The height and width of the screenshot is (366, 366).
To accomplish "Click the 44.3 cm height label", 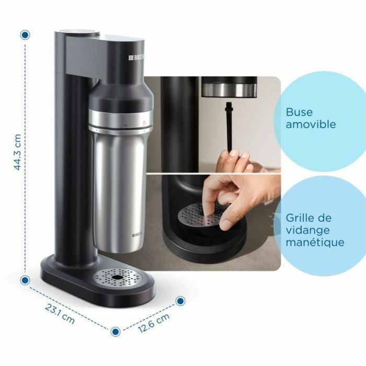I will click(17, 152).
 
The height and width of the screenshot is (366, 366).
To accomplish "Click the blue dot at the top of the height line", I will click(25, 35).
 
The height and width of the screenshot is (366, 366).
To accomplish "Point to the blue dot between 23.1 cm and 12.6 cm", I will click(116, 331).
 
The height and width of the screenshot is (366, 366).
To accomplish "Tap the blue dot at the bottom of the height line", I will click(25, 280).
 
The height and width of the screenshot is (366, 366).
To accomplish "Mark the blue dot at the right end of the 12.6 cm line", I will click(180, 301).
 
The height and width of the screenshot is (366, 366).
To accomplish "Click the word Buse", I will click(299, 112).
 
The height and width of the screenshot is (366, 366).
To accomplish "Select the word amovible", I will click(311, 125).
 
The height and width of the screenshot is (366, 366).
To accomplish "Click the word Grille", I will click(301, 218).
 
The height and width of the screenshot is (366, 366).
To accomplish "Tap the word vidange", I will click(308, 230).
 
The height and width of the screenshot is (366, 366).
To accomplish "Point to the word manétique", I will click(315, 243).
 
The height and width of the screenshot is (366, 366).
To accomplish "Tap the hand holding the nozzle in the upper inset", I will click(241, 160).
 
